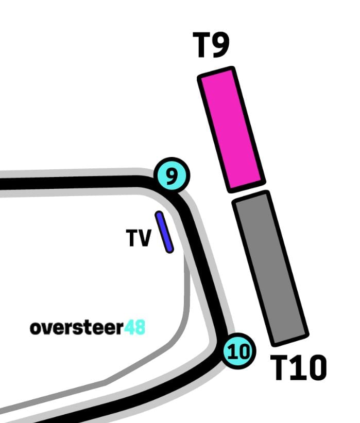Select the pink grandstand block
click(x=231, y=128)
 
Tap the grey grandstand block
click(x=270, y=268)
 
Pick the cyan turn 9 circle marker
click(x=172, y=175)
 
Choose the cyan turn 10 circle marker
click(x=238, y=352)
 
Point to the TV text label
click(x=139, y=238)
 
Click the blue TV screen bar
click(x=164, y=232)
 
